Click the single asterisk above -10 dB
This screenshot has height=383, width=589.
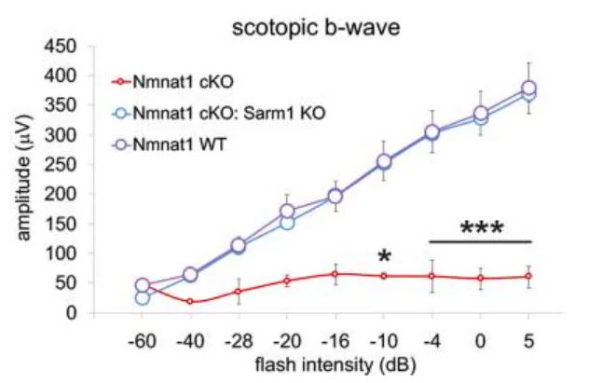pyautogui.click(x=383, y=257)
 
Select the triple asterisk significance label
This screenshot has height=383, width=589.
pyautogui.click(x=481, y=229)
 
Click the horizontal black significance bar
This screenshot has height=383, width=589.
pyautogui.click(x=481, y=242)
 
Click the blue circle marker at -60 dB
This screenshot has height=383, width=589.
pyautogui.click(x=142, y=297)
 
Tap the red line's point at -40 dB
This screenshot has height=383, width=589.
pyautogui.click(x=190, y=301)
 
